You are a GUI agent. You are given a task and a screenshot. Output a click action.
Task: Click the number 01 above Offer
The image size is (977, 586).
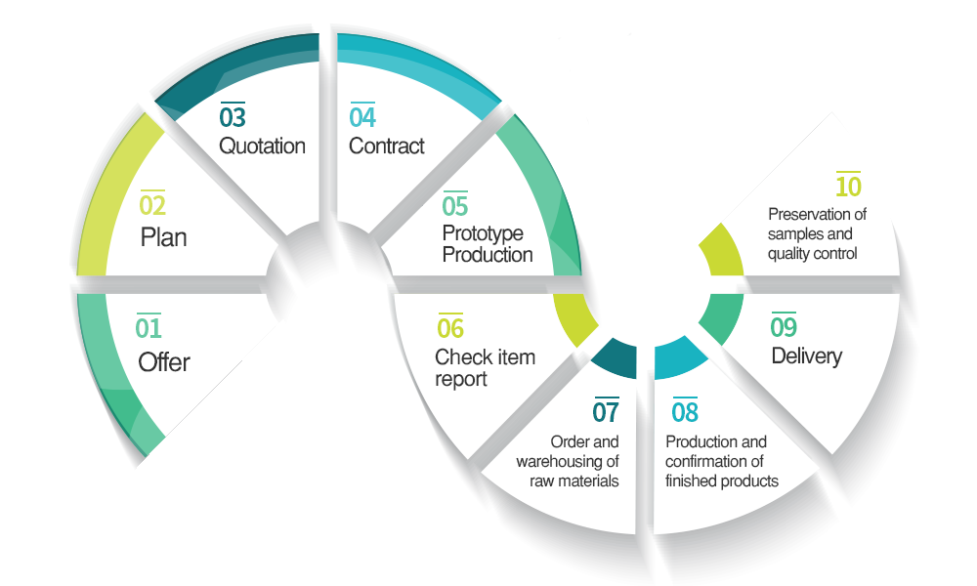[149, 328]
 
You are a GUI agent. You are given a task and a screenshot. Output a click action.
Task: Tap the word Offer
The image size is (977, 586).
[164, 362]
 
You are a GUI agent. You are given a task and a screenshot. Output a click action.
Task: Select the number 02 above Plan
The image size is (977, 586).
[152, 206]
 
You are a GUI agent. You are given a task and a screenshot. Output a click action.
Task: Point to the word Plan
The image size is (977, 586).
[163, 237]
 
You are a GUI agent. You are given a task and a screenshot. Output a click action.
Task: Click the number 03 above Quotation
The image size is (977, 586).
[233, 117]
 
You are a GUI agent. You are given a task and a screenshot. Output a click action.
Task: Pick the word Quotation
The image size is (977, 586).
[262, 146]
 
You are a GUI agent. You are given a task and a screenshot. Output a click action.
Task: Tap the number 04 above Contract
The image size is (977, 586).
[362, 117]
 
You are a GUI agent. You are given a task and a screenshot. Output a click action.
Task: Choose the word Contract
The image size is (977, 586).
[387, 146]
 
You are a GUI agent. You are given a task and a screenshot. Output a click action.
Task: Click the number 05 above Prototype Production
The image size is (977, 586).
[455, 206]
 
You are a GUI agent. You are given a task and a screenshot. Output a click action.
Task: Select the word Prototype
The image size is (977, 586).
[483, 234]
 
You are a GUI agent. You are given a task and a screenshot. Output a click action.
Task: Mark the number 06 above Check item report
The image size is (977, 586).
[450, 328]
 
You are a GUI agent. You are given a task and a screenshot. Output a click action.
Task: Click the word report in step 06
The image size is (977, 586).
[461, 379]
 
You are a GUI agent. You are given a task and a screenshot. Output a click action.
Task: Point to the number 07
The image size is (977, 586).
[606, 412]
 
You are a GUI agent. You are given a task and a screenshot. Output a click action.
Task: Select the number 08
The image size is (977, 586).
[685, 412]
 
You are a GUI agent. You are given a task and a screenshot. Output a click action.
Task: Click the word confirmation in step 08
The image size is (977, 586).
[715, 461]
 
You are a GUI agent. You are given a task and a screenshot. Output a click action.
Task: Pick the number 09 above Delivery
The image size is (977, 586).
[784, 327]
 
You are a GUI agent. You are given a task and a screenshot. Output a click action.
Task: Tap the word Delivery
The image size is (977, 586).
[806, 356]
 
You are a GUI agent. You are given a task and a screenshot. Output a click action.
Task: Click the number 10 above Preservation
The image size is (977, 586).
[848, 186]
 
